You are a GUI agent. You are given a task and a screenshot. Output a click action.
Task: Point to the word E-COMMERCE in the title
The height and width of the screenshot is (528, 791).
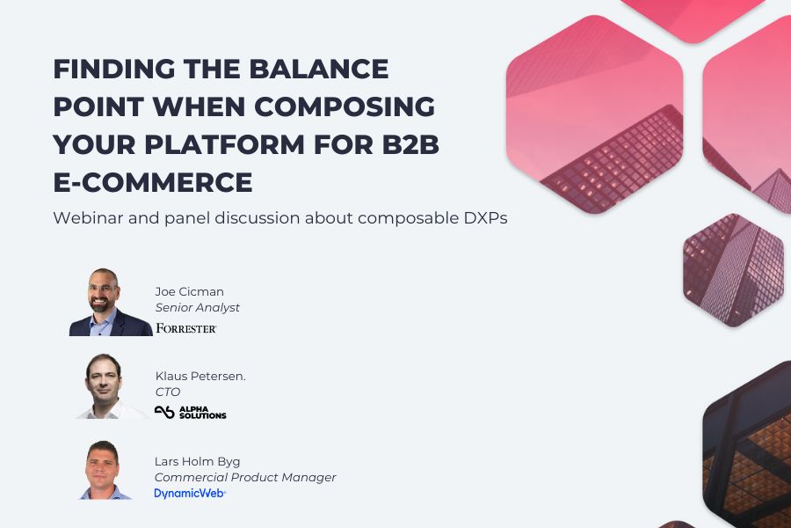153,182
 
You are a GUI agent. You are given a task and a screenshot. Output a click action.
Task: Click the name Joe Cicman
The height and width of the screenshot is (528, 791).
189,291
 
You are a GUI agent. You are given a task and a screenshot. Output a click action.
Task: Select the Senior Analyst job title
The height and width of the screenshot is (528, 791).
197,307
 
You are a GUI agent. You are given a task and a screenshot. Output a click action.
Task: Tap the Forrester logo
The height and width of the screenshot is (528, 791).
185,328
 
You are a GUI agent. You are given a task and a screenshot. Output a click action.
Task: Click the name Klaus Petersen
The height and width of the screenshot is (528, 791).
200,376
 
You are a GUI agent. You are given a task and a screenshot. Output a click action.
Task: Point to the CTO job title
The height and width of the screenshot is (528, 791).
168,392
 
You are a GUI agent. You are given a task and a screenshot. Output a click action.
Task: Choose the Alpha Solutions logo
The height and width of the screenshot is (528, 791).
190,412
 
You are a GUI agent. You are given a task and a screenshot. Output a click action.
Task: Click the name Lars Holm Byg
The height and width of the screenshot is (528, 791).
197,461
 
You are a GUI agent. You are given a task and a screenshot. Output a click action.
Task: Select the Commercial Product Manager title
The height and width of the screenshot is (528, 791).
245,477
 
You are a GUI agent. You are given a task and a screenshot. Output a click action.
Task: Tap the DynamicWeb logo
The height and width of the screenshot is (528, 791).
190,494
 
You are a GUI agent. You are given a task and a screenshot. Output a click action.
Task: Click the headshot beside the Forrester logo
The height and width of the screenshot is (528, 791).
111,303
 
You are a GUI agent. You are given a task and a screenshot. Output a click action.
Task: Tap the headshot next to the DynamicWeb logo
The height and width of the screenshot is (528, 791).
105,471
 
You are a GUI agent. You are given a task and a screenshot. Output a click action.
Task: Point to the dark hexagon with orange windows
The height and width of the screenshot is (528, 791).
751,449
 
